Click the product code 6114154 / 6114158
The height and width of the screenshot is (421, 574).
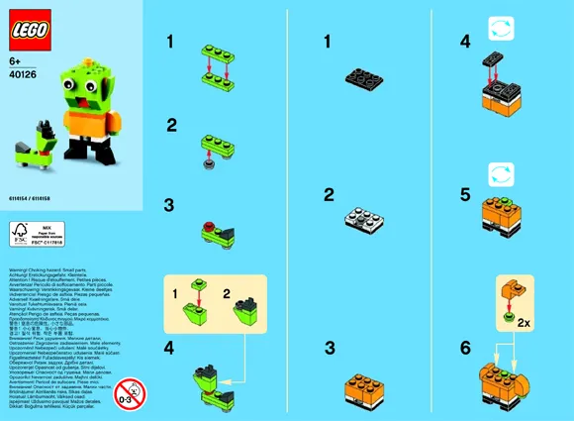pos(33,198)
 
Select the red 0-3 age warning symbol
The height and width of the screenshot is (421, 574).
pos(126,389)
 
